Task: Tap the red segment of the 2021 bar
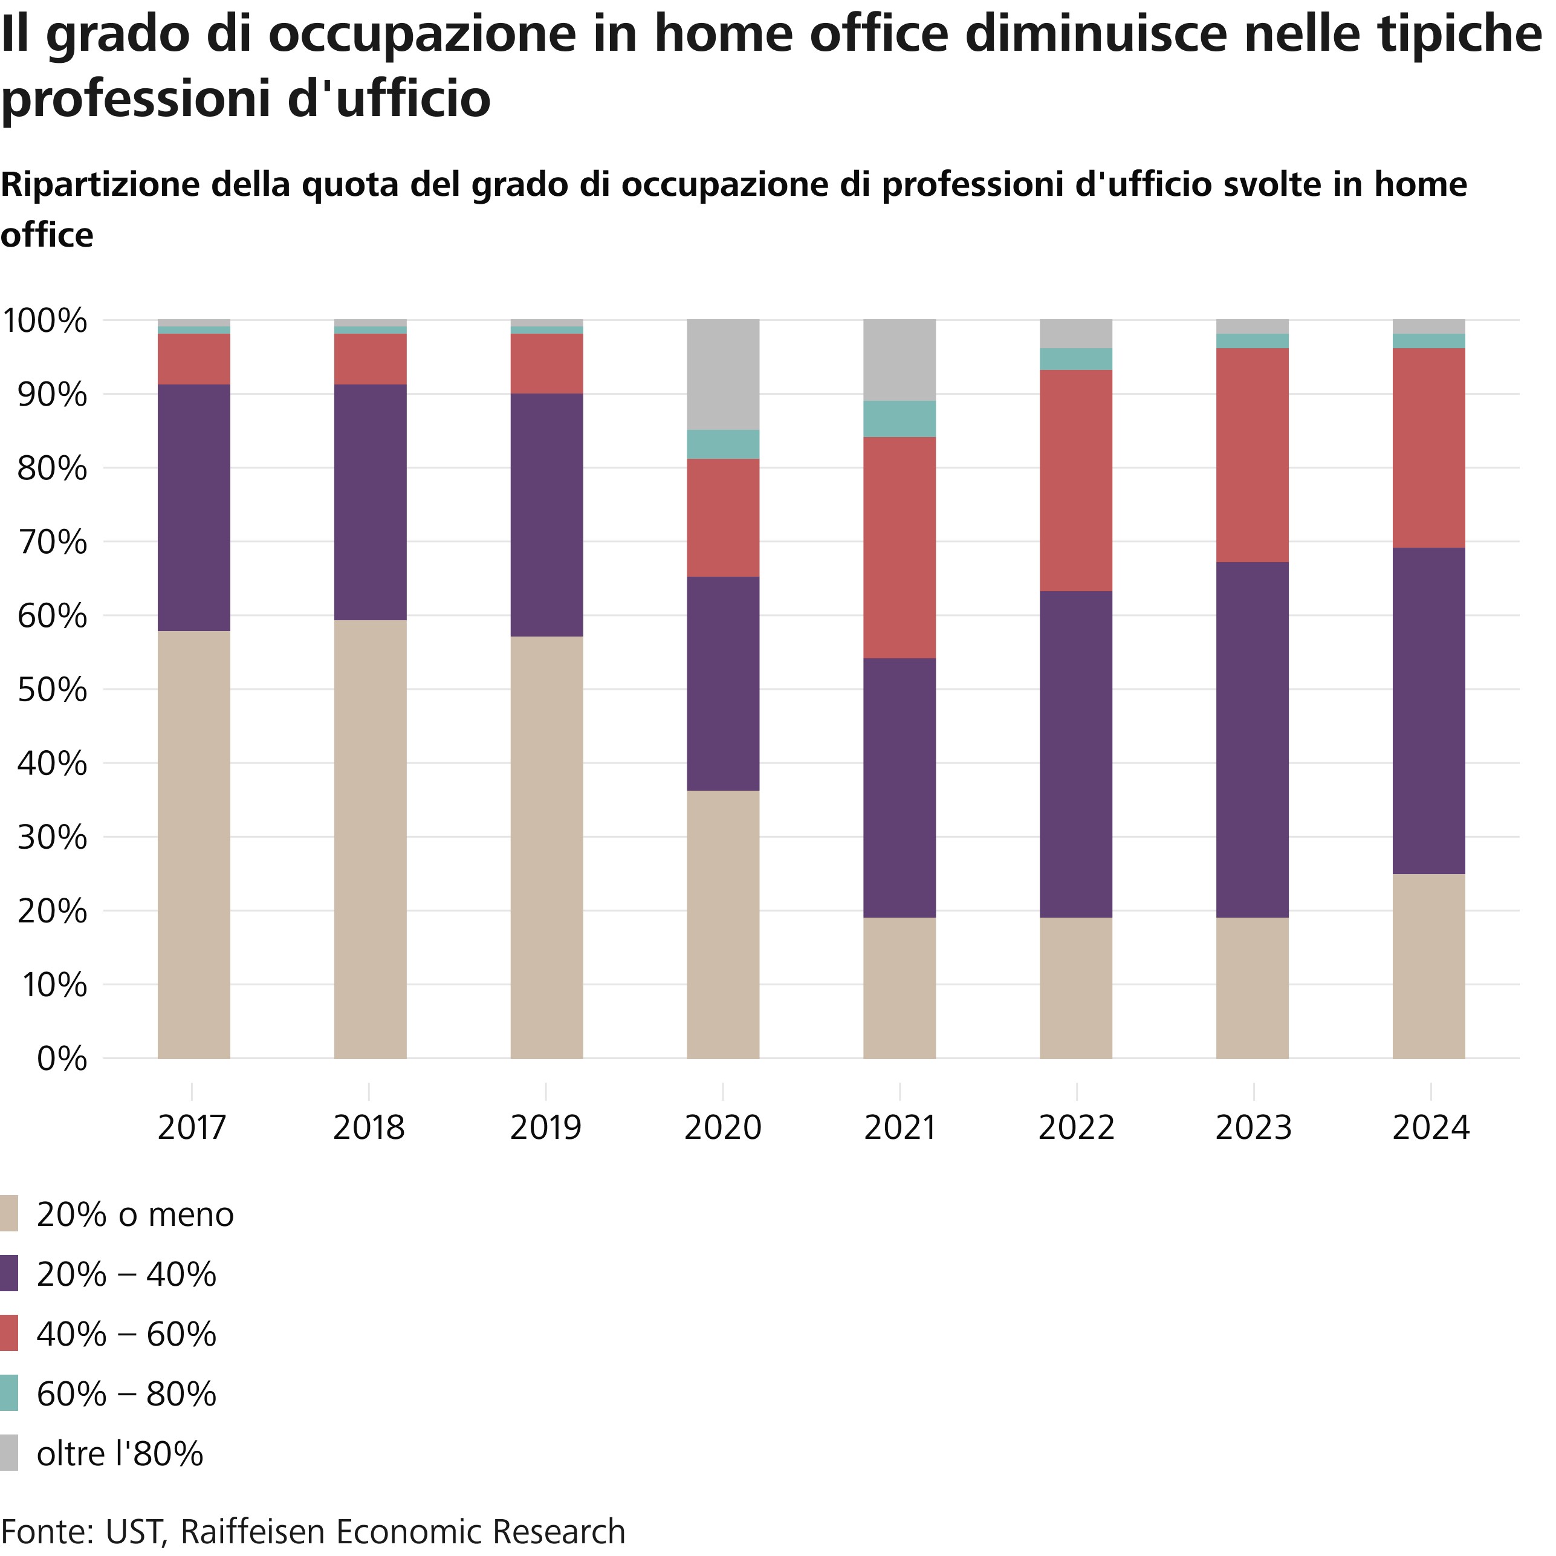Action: [899, 548]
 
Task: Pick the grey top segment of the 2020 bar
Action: [722, 375]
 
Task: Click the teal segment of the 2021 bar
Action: [899, 419]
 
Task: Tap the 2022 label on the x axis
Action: [1076, 1127]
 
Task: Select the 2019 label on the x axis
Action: [546, 1127]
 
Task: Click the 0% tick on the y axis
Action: [63, 1058]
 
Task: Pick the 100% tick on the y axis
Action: [45, 320]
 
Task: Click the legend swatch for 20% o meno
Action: [9, 1214]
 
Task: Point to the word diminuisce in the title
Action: [1095, 34]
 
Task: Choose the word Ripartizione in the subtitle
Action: [101, 185]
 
